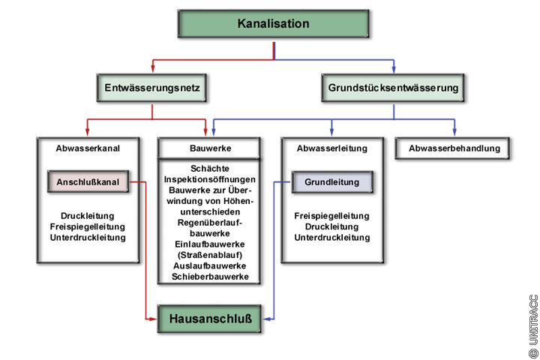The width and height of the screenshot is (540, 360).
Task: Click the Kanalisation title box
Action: coord(274,24)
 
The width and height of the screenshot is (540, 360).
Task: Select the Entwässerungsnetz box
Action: coord(152,88)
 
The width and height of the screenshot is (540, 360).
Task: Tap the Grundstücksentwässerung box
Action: coord(393,88)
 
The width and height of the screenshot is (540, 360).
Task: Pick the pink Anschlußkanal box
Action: coord(88,182)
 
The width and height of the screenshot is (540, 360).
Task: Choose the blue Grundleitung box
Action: coord(331,182)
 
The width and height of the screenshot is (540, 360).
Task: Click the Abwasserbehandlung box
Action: coord(454,148)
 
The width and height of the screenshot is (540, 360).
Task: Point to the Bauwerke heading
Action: coord(209,148)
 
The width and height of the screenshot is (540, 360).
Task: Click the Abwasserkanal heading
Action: coord(88,148)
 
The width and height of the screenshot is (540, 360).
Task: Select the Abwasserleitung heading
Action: coord(332,148)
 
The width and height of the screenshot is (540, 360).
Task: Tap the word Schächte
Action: coord(209,169)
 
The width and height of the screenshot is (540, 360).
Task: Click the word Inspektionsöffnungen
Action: coord(209,181)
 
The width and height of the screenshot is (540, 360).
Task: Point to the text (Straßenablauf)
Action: coord(209,255)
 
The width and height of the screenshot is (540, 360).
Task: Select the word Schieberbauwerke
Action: coord(209,277)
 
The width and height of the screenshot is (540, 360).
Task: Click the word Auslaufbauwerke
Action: coord(209,266)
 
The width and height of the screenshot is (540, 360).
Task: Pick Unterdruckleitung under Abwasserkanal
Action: coord(88,238)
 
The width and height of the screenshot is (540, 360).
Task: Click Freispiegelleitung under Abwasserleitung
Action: coord(332,216)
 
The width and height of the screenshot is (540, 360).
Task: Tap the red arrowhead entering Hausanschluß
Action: coord(153,318)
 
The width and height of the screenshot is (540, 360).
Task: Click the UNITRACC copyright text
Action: coord(532,324)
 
